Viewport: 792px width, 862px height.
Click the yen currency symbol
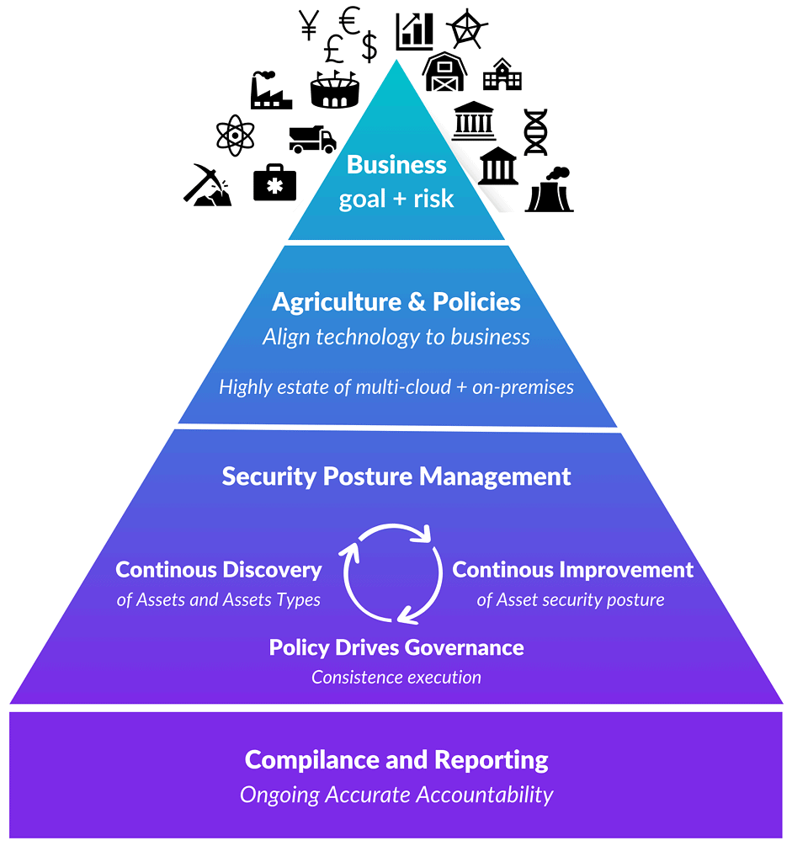point(308,26)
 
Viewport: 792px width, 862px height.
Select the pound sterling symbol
point(333,51)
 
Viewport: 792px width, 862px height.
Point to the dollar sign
point(369,46)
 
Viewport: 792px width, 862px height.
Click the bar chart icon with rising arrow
point(414,30)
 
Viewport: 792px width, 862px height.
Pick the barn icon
point(444,72)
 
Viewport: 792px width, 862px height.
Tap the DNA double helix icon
point(535,131)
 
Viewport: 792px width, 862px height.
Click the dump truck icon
point(311,138)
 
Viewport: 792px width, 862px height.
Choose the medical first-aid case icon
point(274,183)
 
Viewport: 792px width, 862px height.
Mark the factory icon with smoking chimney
point(270,90)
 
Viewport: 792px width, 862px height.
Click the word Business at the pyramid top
point(396,164)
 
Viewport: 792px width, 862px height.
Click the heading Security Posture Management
point(396,476)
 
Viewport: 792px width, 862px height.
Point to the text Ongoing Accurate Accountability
point(396,795)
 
